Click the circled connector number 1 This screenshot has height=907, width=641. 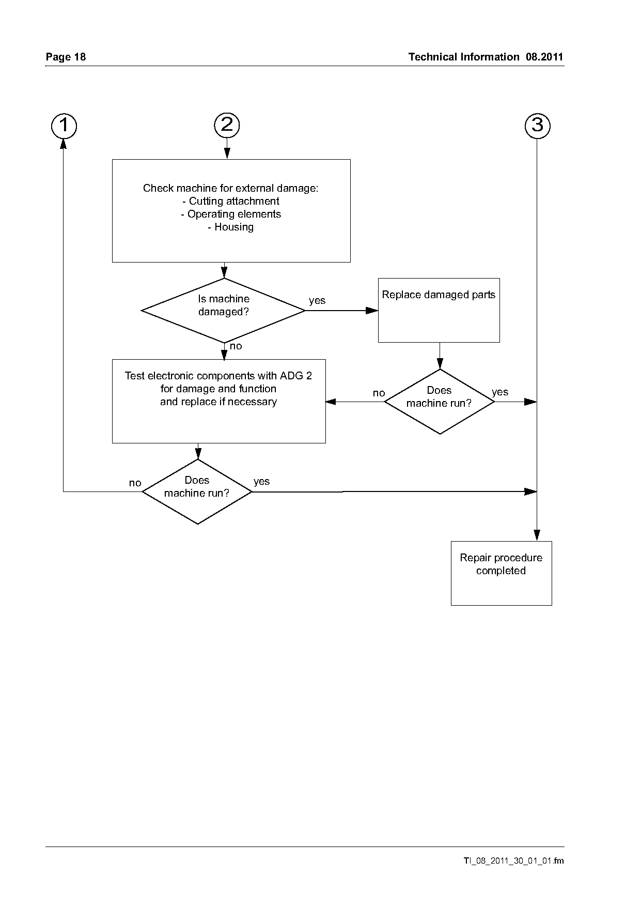coord(64,126)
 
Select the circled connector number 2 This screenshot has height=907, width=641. coord(227,125)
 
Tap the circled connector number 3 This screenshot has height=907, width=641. coord(537,126)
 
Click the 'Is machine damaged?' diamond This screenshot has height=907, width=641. coord(224,311)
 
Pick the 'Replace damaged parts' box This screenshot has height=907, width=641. coord(439,310)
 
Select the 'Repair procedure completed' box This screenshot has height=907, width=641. coord(501,573)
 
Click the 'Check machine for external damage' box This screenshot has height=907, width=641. coord(231,211)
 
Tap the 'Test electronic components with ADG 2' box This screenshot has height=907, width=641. coord(219,401)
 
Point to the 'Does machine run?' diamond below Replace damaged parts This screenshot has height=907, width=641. coord(440,402)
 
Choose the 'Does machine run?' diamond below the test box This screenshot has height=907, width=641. coord(197,491)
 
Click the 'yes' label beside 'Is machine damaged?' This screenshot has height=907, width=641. coord(317,301)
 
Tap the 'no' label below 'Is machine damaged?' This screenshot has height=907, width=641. coord(236,346)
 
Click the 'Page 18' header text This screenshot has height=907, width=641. coord(66,57)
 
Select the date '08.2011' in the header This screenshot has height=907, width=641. coord(544,57)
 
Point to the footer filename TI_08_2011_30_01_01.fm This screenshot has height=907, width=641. coord(513,860)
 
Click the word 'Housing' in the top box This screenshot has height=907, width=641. coord(231,227)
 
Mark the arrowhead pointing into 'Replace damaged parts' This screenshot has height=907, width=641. coord(372,311)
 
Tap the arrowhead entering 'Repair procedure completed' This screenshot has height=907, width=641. coord(537,535)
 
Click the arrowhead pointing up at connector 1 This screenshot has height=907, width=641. coord(64,144)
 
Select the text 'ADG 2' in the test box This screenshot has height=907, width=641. coord(296,376)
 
